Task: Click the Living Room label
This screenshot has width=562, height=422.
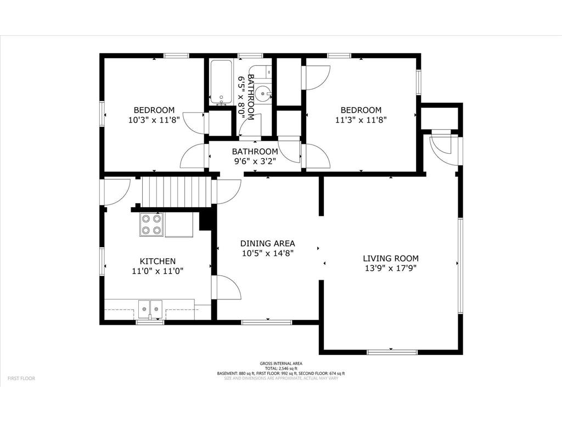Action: tap(390, 258)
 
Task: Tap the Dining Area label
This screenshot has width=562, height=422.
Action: tap(268, 243)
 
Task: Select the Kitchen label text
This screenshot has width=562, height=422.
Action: tap(158, 262)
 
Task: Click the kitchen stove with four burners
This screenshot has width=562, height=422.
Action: tap(152, 224)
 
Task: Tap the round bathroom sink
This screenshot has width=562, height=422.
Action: tap(265, 94)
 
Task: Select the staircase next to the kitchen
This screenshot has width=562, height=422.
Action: tap(176, 191)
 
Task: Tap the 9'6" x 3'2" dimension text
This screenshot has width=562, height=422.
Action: tap(255, 162)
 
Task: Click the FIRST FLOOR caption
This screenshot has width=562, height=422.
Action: tap(21, 379)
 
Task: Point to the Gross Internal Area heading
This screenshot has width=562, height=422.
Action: tap(280, 364)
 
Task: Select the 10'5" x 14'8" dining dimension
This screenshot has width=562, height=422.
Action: tap(268, 253)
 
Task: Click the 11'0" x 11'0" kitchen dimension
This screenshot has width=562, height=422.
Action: tap(158, 271)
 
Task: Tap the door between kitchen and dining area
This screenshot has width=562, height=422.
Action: tap(226, 287)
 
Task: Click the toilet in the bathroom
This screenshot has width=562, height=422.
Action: tap(266, 71)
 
